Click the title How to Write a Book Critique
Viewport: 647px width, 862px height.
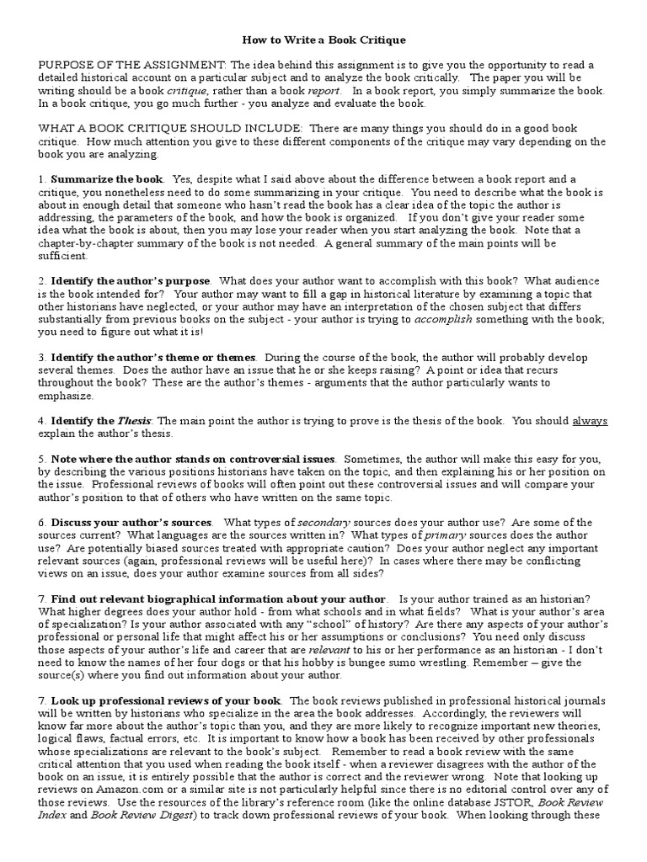pyautogui.click(x=323, y=40)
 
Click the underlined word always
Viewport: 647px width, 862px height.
pyautogui.click(x=590, y=421)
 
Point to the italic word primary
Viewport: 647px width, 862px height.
pyautogui.click(x=446, y=535)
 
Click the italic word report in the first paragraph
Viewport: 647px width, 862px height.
pyautogui.click(x=325, y=91)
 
